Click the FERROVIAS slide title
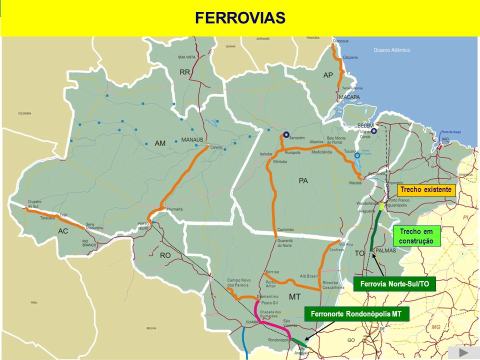coord(240,18)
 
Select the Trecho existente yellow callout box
coord(426,190)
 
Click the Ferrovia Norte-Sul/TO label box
coord(394,284)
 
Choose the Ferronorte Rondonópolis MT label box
coord(356,314)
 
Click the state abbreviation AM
coord(160,143)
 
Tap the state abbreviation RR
coord(185,72)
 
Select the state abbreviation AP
coord(328,75)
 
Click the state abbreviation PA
coord(303,180)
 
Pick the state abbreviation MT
coord(295,297)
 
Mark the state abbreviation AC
coord(63,231)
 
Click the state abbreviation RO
coord(165,255)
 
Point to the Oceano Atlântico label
coord(392,50)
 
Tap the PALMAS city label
coord(385,250)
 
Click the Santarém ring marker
coord(286,134)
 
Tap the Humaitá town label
coord(175,209)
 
